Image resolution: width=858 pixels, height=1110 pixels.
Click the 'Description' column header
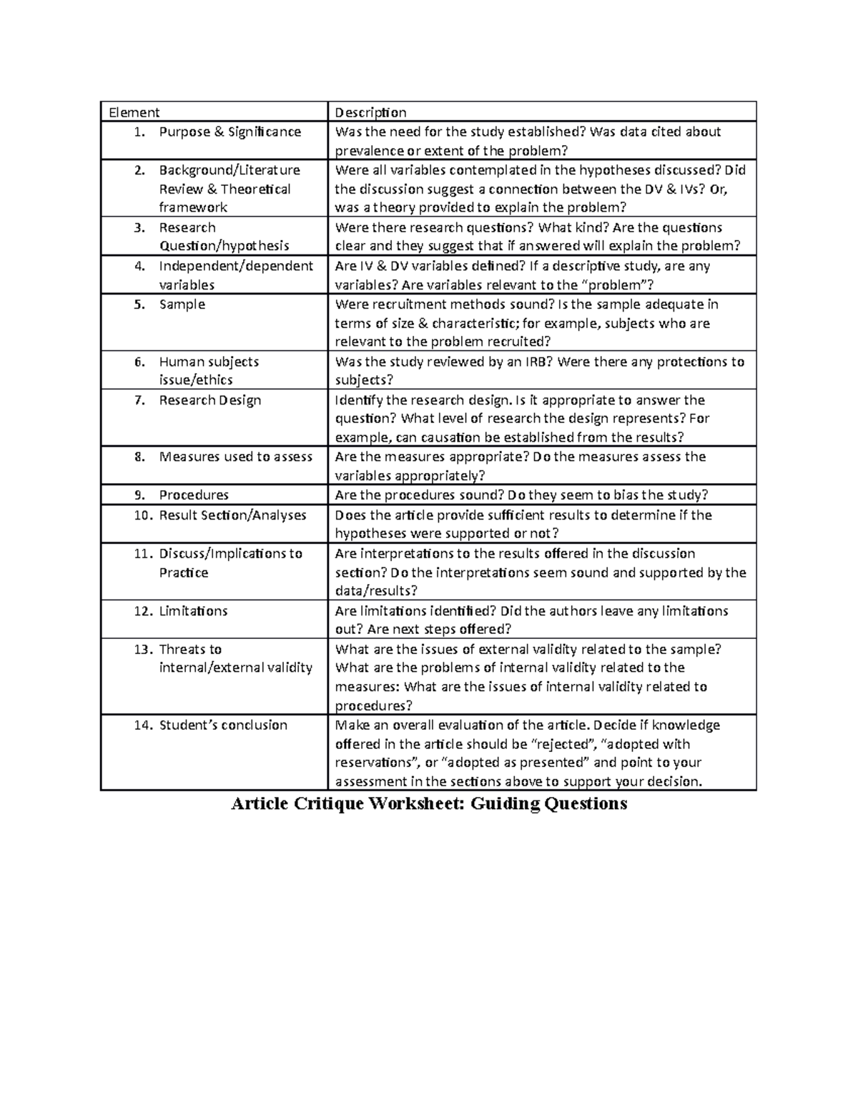[370, 112]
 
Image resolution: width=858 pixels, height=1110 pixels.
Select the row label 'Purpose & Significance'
[230, 132]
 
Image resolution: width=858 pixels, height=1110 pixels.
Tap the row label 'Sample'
[182, 304]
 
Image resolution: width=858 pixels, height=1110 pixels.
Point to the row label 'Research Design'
[209, 400]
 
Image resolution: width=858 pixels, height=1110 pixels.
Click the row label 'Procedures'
[194, 495]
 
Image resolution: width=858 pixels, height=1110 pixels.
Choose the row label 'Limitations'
[193, 611]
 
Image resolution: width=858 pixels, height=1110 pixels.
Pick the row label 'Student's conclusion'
[222, 725]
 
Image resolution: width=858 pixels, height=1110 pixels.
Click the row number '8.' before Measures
[139, 457]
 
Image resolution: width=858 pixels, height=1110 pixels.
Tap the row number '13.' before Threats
[144, 650]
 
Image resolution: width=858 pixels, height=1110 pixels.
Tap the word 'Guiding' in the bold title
[506, 804]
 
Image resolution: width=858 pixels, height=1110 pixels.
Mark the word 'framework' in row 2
[193, 208]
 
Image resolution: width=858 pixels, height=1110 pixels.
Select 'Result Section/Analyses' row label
[232, 515]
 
